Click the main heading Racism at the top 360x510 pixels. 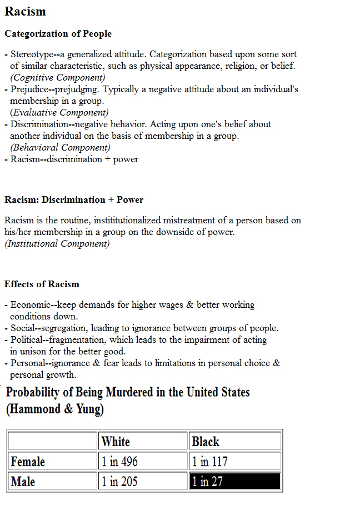(x=25, y=12)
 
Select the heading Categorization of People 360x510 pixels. (x=58, y=34)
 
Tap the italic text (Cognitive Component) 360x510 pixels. (x=58, y=78)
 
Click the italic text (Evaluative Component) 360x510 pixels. (x=59, y=113)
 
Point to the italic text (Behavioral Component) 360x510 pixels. (x=60, y=148)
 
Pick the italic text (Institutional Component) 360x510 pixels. (x=57, y=243)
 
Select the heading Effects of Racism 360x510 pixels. (x=42, y=284)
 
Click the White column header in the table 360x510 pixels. (x=116, y=442)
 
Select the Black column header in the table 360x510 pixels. (x=206, y=442)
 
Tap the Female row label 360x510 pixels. (x=28, y=462)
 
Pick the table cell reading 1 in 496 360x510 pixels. (x=119, y=462)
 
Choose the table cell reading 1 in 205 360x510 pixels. (x=119, y=482)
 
